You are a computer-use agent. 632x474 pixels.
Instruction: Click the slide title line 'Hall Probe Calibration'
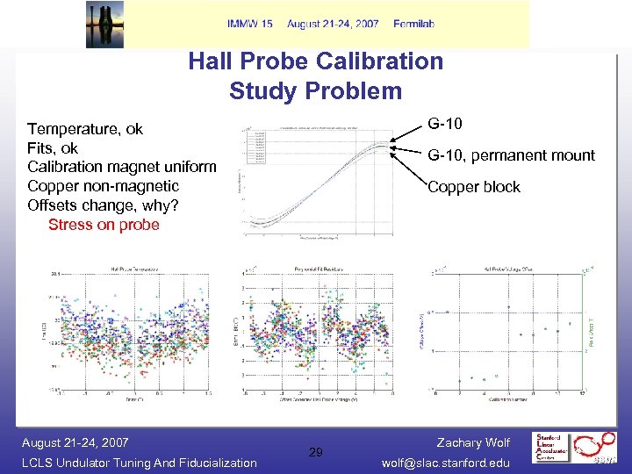[x=315, y=61]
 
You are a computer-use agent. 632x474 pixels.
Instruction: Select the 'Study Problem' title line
[x=315, y=90]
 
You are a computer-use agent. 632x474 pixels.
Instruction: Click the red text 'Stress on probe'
[x=104, y=225]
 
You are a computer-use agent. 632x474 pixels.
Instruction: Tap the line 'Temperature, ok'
[x=85, y=129]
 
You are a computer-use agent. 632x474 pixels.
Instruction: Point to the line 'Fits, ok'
[x=53, y=148]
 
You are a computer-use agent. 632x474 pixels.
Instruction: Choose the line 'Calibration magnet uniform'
[x=121, y=167]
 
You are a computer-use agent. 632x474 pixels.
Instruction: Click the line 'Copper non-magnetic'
[x=103, y=186]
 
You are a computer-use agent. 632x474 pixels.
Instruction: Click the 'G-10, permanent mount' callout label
[x=511, y=155]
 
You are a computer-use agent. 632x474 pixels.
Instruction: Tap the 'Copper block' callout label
[x=473, y=187]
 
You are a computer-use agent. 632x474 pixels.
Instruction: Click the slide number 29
[x=316, y=452]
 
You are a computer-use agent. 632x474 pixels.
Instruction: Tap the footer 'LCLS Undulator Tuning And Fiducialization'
[x=139, y=463]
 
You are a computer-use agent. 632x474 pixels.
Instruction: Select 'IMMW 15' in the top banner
[x=249, y=24]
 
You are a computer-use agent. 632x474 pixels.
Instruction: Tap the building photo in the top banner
[x=105, y=24]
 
